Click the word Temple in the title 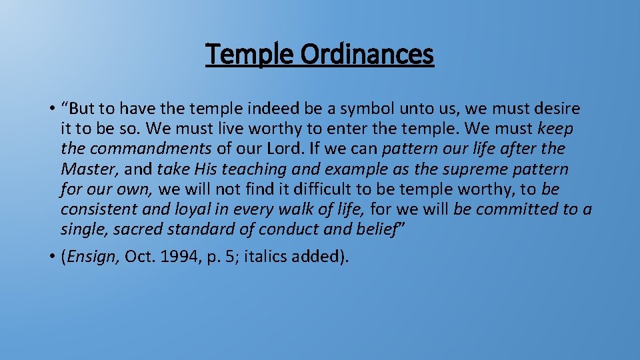point(247,54)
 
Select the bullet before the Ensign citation point(51,257)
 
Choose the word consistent point(98,209)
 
